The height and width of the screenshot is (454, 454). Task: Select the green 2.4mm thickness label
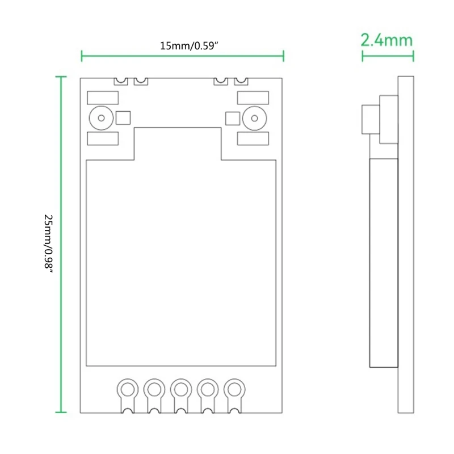point(386,40)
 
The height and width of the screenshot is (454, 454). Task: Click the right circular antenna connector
point(253,118)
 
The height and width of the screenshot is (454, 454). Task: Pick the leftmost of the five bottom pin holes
point(127,389)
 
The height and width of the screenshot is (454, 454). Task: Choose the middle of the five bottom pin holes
point(180,389)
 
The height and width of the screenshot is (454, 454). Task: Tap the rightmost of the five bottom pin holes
point(234,389)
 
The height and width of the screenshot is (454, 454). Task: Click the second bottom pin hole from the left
point(154,389)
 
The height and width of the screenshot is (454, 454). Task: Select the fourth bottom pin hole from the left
point(207,389)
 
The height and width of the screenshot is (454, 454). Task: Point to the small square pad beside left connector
point(123,118)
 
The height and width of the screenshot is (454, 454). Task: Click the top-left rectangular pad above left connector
point(103,97)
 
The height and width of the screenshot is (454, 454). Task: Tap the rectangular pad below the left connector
point(103,139)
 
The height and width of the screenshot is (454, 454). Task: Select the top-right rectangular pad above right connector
point(252,97)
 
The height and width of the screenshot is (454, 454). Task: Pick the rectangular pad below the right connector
point(252,139)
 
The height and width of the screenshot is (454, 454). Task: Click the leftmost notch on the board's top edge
point(120,81)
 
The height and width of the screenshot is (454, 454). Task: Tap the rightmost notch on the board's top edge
point(241,81)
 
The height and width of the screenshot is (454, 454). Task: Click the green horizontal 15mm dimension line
point(183,56)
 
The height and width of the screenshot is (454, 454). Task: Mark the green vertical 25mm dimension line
point(62,245)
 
